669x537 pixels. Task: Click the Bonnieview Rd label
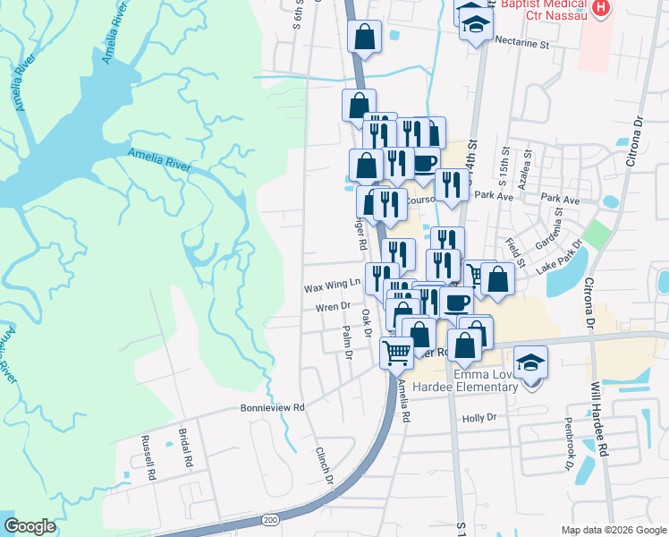point(273,407)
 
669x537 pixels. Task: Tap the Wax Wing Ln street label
point(331,286)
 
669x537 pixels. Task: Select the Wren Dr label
point(332,307)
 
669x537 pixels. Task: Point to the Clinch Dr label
point(324,465)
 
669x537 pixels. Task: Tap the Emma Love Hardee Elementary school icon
point(530,363)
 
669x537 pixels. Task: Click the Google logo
point(30,526)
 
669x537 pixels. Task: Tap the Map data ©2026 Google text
point(613,530)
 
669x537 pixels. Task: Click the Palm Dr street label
point(347,344)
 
